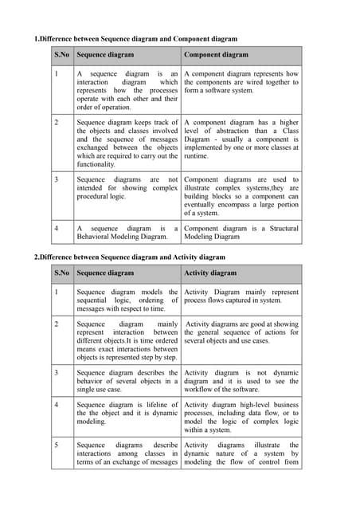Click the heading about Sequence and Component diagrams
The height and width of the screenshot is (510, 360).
point(135,39)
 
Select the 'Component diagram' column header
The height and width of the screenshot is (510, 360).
point(216,55)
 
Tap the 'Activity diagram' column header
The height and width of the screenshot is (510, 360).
point(210,273)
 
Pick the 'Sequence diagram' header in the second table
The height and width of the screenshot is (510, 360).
point(105,273)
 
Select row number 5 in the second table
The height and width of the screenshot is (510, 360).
point(56,445)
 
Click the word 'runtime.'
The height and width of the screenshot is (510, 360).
point(198,156)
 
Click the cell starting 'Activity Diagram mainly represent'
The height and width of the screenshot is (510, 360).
point(241,296)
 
